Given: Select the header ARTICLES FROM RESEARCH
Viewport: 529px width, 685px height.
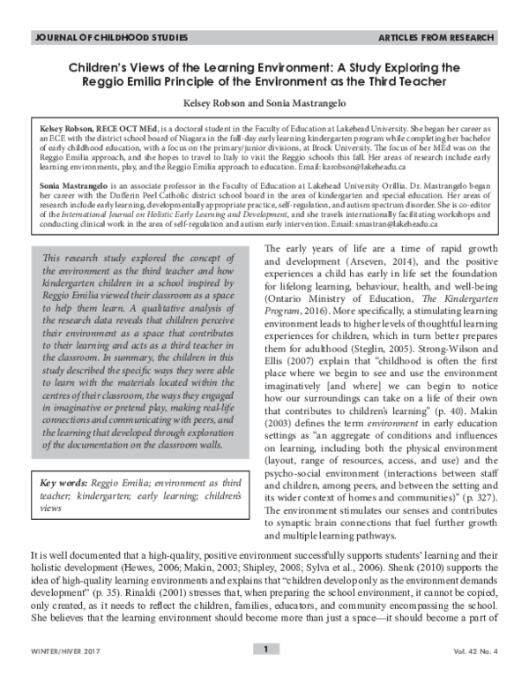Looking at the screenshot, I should [x=440, y=40].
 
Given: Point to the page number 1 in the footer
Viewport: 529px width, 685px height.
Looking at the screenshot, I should [x=264, y=674].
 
